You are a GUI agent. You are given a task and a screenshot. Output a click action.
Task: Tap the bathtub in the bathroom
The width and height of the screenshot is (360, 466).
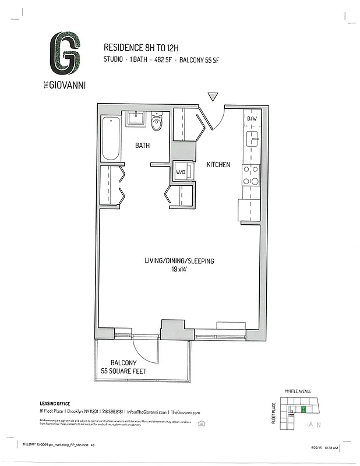pyautogui.click(x=111, y=139)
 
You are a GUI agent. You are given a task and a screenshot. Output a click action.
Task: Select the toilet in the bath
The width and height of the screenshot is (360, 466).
pyautogui.click(x=156, y=123)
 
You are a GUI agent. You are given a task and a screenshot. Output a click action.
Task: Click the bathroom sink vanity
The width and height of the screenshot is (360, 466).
pyautogui.click(x=136, y=118)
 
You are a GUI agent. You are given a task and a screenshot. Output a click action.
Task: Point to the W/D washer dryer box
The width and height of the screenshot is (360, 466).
pyautogui.click(x=182, y=172)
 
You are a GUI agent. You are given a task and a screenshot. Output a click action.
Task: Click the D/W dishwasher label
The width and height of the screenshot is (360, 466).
pyautogui.click(x=252, y=119)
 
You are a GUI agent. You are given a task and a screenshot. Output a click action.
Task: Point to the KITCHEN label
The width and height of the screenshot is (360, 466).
pyautogui.click(x=218, y=165)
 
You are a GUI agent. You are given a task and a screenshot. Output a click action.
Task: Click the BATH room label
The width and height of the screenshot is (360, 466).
pyautogui.click(x=143, y=146)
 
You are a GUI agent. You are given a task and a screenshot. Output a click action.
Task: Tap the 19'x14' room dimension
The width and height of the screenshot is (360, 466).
pyautogui.click(x=179, y=269)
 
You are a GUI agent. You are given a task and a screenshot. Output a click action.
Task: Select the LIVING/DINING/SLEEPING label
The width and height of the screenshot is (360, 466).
pyautogui.click(x=179, y=261)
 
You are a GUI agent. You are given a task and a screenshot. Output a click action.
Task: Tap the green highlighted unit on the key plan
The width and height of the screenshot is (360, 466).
pyautogui.click(x=303, y=409)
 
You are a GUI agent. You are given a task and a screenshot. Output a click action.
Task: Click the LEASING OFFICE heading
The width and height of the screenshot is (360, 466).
pyautogui.click(x=55, y=403)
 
